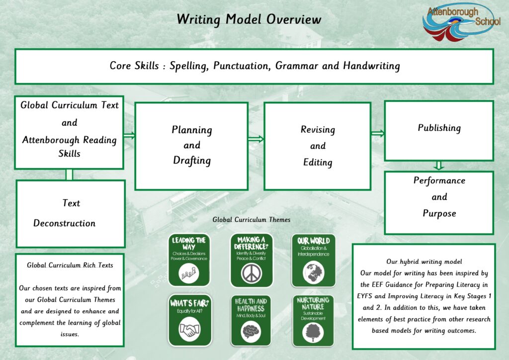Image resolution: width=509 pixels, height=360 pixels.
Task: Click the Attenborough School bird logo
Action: [x=461, y=22]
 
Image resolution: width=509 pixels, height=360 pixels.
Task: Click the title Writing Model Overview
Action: [x=249, y=19]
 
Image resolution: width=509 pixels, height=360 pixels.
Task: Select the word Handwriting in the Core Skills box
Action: [x=371, y=66]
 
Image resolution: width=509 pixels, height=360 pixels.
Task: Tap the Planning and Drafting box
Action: [x=191, y=146]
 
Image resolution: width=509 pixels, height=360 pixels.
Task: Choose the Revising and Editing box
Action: [x=318, y=146]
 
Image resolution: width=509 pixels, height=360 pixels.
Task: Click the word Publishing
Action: [x=439, y=128]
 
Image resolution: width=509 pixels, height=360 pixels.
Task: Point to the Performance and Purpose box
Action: [x=439, y=202]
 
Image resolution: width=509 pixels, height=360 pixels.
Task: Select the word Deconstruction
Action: [x=64, y=223]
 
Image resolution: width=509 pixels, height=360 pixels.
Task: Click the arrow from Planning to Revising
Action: [x=256, y=139]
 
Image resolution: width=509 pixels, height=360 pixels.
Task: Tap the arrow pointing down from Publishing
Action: [x=439, y=166]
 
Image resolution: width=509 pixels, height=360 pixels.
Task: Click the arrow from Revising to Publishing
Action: [x=378, y=133]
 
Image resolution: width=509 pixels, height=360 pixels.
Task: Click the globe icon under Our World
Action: [x=313, y=272]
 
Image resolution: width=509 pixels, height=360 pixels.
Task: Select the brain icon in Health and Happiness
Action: [x=251, y=332]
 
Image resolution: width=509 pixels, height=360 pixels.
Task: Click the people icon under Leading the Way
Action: [x=188, y=273]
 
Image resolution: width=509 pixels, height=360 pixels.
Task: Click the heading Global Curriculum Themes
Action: [x=251, y=220]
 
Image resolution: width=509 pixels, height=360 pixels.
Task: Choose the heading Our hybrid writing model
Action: [x=424, y=262]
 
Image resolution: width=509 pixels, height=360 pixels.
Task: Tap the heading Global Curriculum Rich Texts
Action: [x=70, y=265]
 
